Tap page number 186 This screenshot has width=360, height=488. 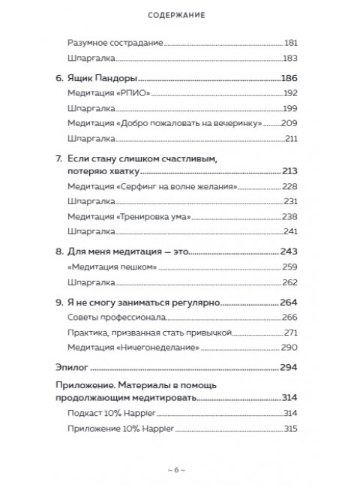[x=289, y=77]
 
